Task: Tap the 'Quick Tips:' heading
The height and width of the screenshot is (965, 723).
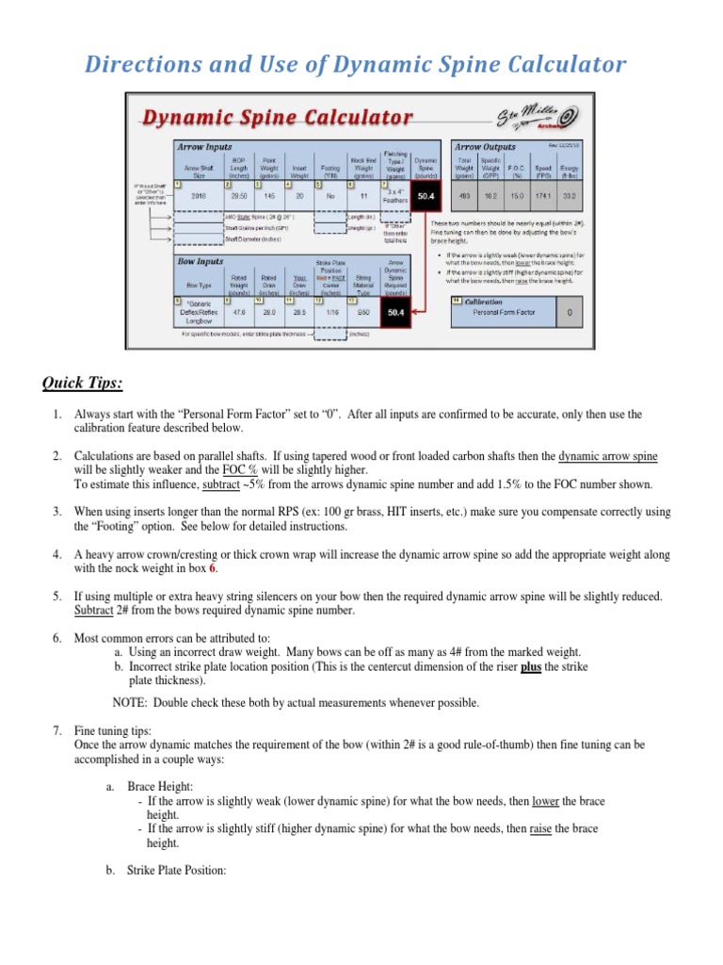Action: tap(81, 383)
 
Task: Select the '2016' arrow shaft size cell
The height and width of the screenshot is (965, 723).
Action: tap(199, 196)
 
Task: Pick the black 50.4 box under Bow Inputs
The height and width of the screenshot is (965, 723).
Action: tap(396, 311)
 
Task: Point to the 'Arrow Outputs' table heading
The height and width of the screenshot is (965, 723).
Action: tap(485, 148)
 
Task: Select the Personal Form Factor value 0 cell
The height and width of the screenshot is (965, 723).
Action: tap(570, 311)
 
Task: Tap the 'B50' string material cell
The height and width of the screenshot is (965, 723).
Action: tap(363, 311)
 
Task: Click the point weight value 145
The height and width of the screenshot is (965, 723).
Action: tap(270, 196)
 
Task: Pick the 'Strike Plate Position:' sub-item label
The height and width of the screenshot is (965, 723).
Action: tap(177, 871)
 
